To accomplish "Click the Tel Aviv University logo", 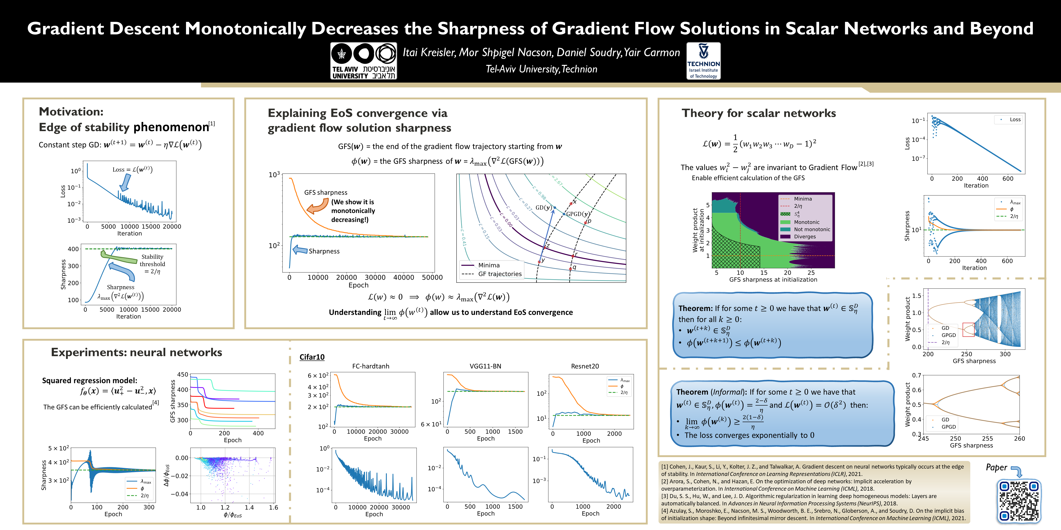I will pos(363,61).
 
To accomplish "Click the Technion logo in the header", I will pos(703,61).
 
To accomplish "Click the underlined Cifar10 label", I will pos(312,357).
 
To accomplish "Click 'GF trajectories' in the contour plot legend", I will pos(500,274).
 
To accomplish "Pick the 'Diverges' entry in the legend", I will pos(804,237).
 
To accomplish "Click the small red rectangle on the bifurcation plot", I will pos(968,330).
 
